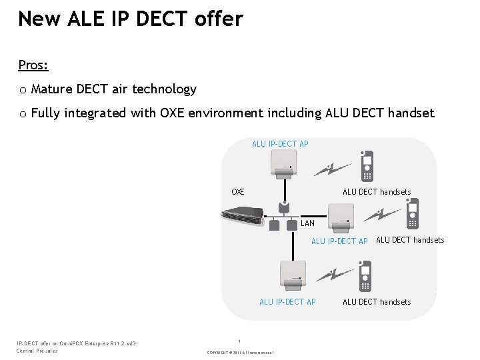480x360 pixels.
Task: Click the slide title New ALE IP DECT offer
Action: point(131,19)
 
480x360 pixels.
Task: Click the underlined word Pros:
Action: point(33,65)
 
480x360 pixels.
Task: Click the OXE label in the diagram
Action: point(237,192)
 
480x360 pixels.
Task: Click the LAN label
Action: point(307,223)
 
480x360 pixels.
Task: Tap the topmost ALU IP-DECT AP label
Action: point(280,144)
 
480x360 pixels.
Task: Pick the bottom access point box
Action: point(291,273)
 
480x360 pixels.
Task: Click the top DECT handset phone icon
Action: point(367,166)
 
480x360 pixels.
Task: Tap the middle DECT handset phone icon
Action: point(413,213)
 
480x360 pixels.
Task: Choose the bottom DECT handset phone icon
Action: point(365,276)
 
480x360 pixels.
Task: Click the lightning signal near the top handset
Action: point(331,169)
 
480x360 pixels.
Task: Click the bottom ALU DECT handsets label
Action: point(377,302)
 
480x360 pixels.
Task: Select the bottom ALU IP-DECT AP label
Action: point(287,302)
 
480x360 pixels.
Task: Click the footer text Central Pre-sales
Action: point(37,351)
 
